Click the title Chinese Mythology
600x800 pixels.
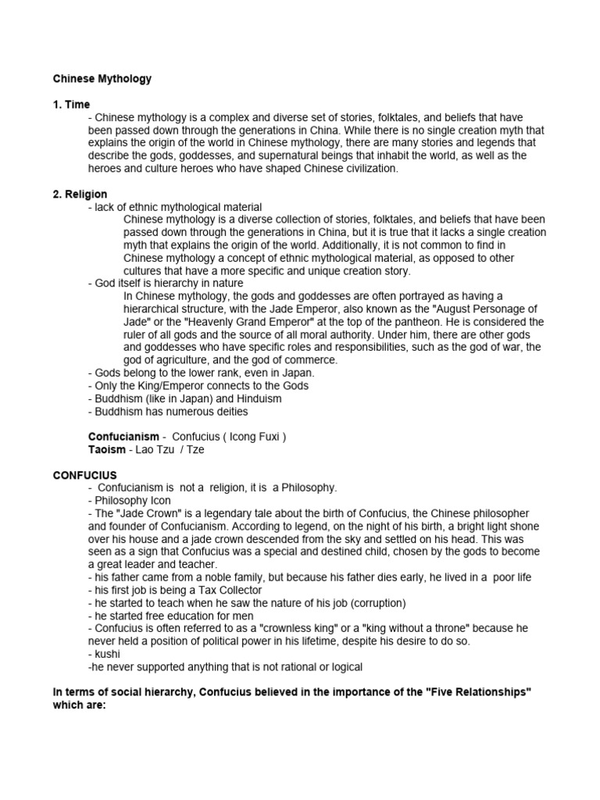(102, 79)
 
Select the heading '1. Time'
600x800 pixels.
(71, 105)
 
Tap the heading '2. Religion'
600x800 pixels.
(80, 194)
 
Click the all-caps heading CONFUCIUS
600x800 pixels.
(84, 474)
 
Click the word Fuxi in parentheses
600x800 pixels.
(267, 437)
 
